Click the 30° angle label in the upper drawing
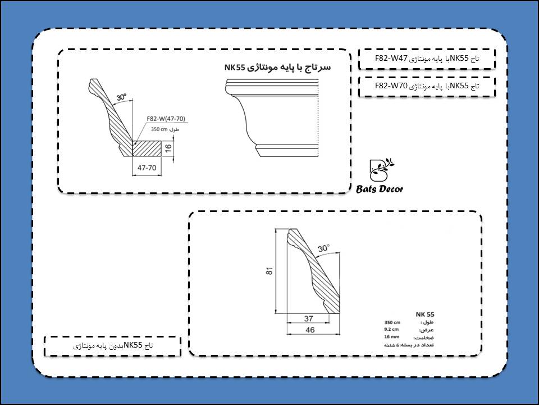121,97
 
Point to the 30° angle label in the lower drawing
324,247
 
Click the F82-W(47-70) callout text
166,119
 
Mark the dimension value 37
308,318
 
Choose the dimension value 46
309,330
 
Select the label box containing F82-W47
427,58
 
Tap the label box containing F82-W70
427,87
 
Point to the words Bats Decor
380,190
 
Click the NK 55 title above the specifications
425,314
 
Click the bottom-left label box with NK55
112,346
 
